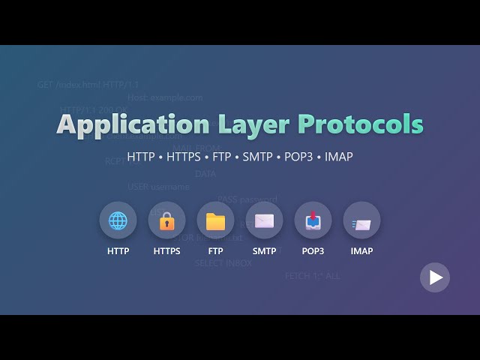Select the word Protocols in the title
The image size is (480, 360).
coord(361,124)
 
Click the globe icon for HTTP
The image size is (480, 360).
coord(118,220)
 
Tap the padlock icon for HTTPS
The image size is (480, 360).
coord(166,220)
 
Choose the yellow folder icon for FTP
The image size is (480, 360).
coord(215,220)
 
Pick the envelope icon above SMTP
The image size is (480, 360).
coord(264,220)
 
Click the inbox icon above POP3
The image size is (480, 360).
coord(313,220)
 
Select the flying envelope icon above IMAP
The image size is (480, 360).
coord(361,220)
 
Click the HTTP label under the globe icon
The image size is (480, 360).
coord(118,251)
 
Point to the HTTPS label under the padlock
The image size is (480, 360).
coord(166,251)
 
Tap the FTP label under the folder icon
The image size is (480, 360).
coord(215,251)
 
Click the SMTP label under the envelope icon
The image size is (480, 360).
coord(264,251)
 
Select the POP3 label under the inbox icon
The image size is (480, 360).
coord(313,251)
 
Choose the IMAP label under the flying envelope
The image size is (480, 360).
coord(361,251)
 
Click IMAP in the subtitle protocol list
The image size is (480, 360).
coord(338,157)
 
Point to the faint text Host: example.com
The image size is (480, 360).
coord(165,97)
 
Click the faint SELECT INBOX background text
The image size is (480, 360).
coord(223,263)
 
